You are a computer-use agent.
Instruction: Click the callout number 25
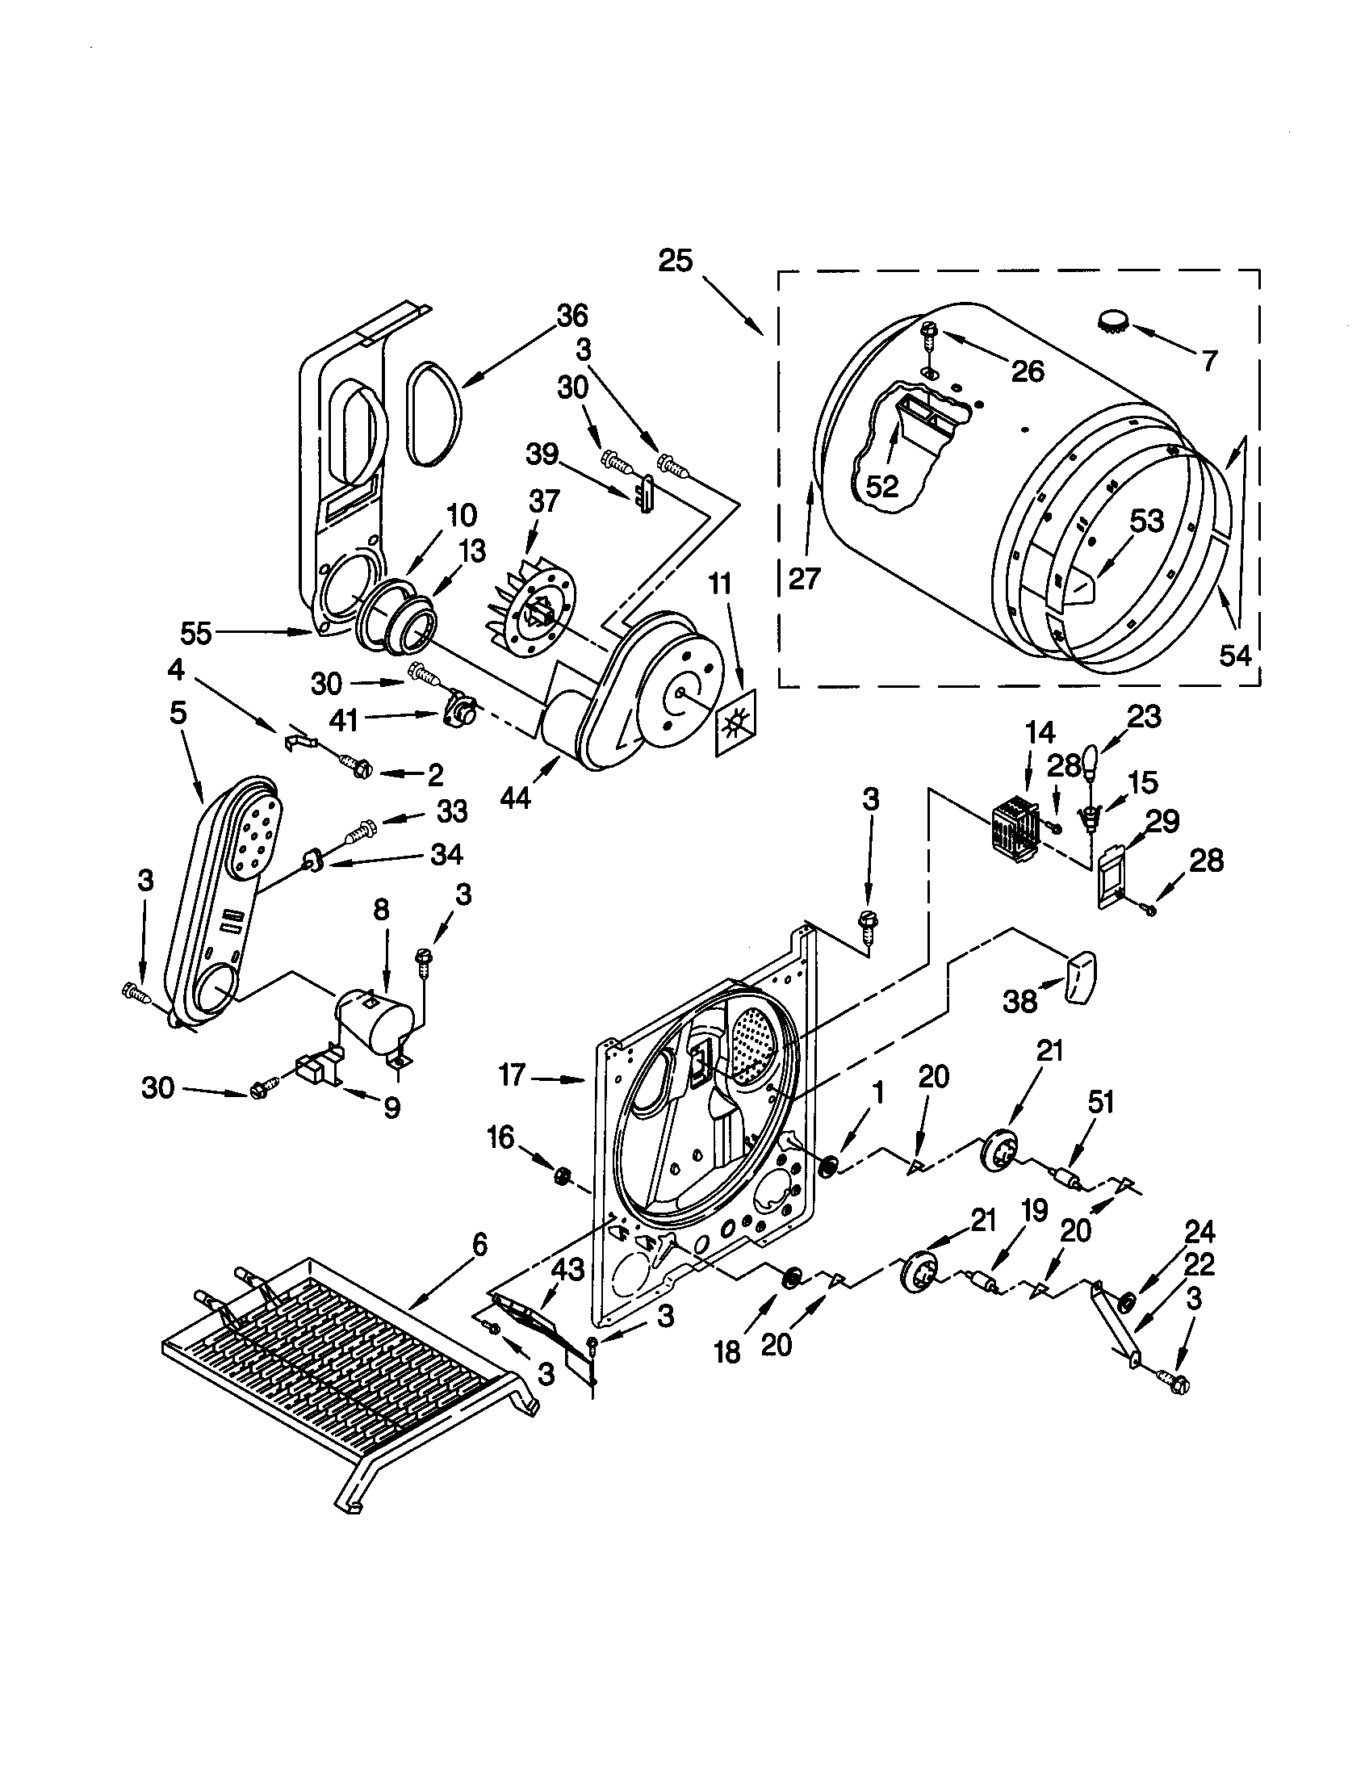(x=676, y=262)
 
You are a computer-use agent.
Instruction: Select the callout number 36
(x=572, y=316)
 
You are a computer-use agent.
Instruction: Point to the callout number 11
(x=719, y=584)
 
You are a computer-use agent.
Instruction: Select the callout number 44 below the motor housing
(x=516, y=798)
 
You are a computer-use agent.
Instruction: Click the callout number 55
(x=196, y=633)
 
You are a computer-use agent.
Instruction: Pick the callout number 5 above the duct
(x=179, y=713)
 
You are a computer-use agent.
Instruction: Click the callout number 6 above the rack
(x=479, y=1244)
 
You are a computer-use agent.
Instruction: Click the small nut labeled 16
(x=561, y=1176)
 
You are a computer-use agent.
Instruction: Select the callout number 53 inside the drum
(x=1146, y=521)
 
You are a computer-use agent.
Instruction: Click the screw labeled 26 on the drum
(x=930, y=331)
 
